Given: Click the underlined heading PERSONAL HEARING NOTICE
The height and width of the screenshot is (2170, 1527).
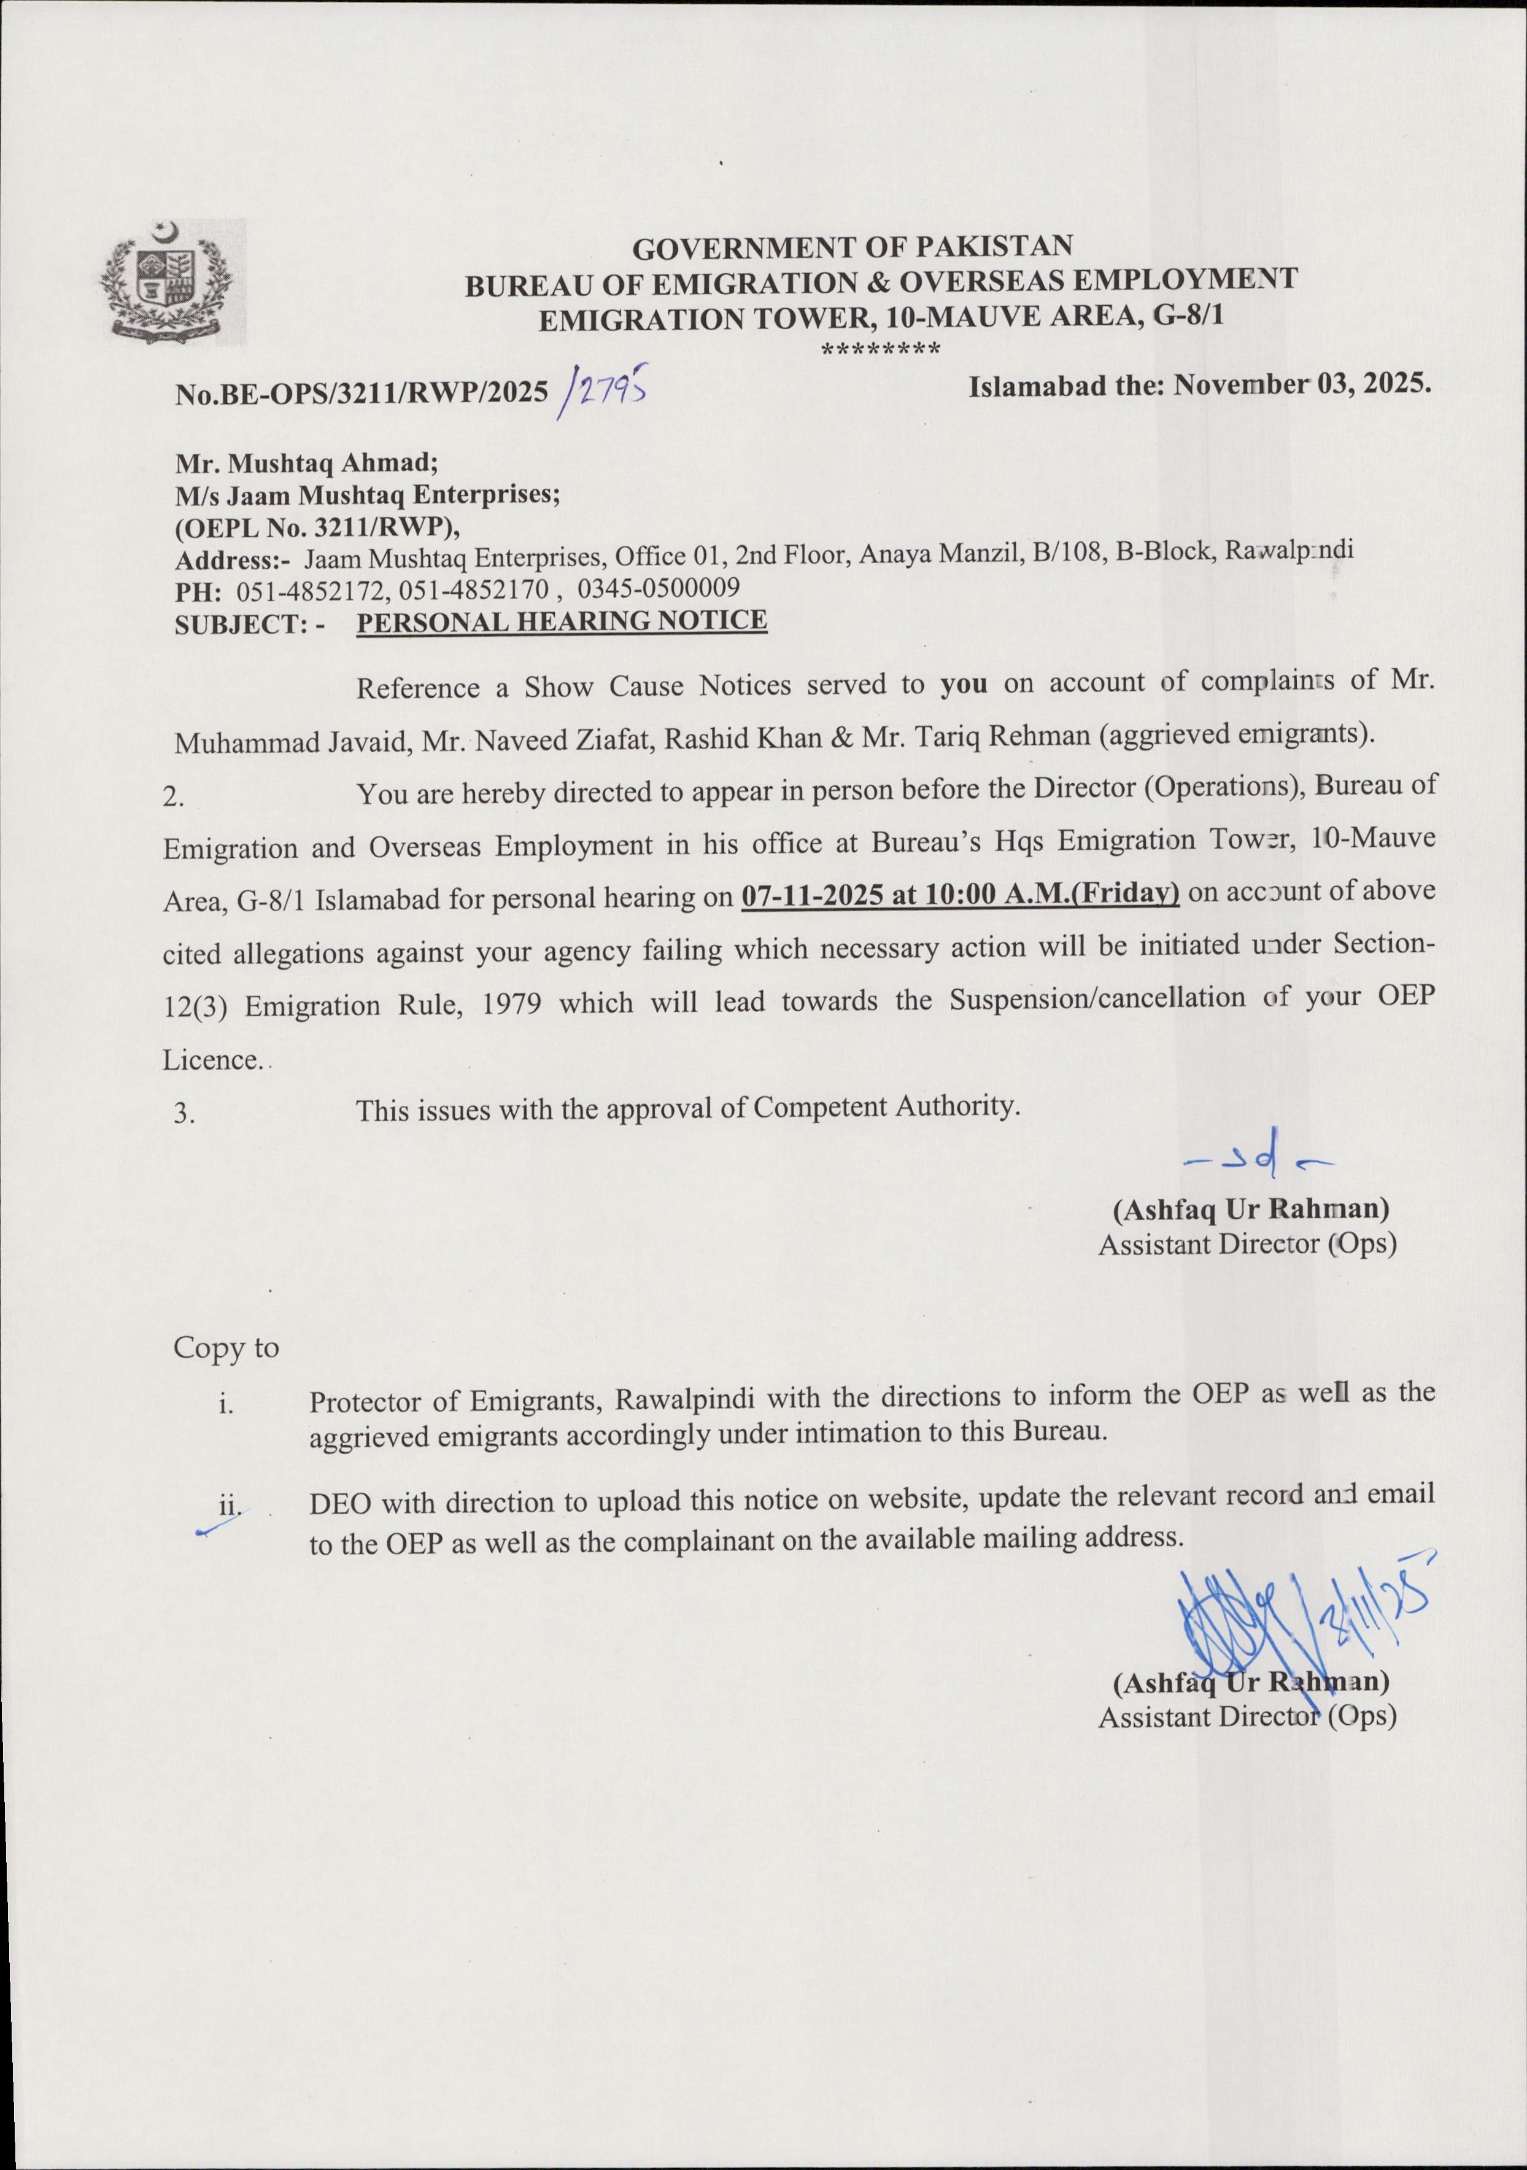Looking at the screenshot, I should click(562, 621).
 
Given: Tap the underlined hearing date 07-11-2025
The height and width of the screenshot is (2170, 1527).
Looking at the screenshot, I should click(814, 895).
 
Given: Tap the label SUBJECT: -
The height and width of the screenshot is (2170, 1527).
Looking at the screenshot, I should click(249, 624).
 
